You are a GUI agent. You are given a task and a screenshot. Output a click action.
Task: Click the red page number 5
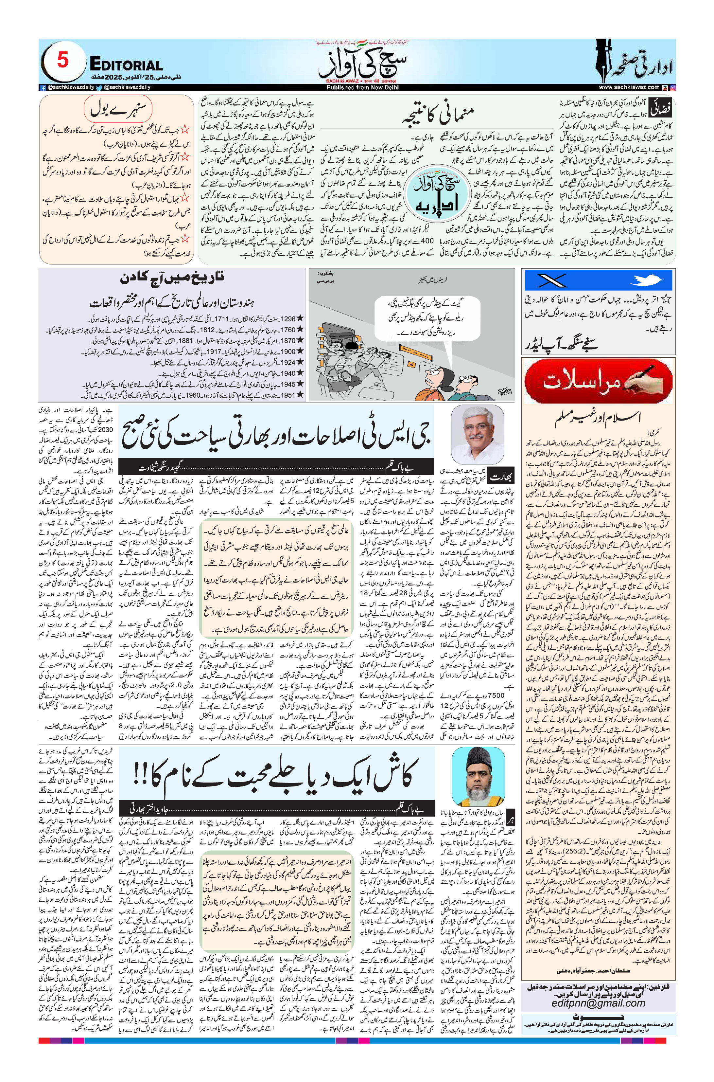62,61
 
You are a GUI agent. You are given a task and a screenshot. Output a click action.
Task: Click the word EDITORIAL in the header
126,65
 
